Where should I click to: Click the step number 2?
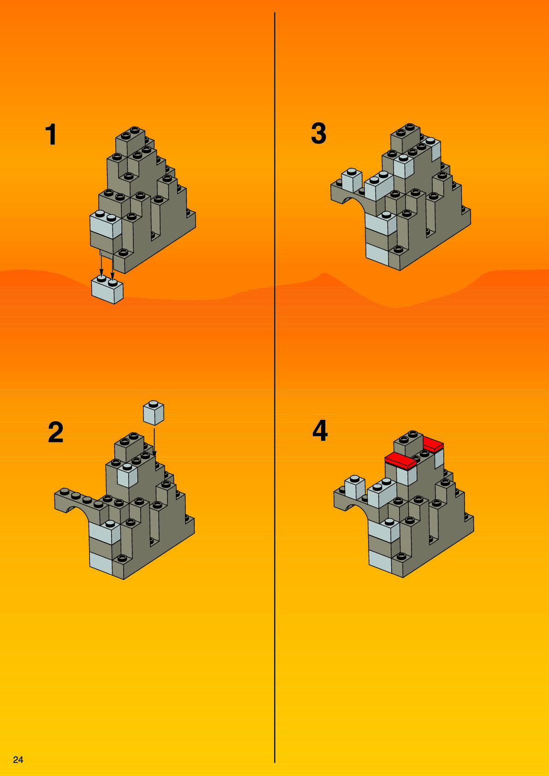(56, 432)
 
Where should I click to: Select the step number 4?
(320, 430)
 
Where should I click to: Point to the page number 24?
(18, 760)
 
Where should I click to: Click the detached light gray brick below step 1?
(107, 290)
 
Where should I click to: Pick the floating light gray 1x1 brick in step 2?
(154, 412)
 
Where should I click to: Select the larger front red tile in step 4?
(400, 461)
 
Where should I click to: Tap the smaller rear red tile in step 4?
(433, 444)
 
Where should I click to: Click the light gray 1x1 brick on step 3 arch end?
(352, 180)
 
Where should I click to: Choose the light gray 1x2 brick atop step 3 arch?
(379, 186)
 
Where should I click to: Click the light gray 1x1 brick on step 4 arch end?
(355, 487)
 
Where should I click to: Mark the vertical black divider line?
(274, 392)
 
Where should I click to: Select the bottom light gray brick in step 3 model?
(377, 255)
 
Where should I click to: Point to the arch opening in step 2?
(77, 516)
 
